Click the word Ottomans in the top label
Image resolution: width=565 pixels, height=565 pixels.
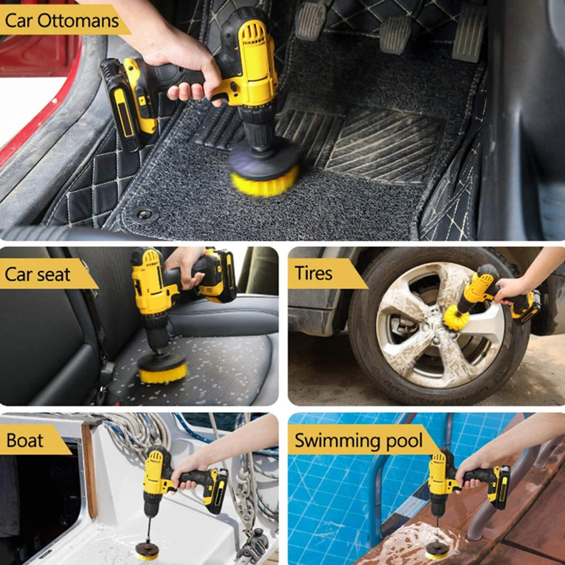[x=78, y=21]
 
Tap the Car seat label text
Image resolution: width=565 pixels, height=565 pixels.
[x=38, y=274]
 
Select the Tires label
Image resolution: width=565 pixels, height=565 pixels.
[x=314, y=273]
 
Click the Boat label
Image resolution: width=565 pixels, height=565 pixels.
[x=25, y=440]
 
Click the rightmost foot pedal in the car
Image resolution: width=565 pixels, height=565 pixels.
[x=468, y=34]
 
